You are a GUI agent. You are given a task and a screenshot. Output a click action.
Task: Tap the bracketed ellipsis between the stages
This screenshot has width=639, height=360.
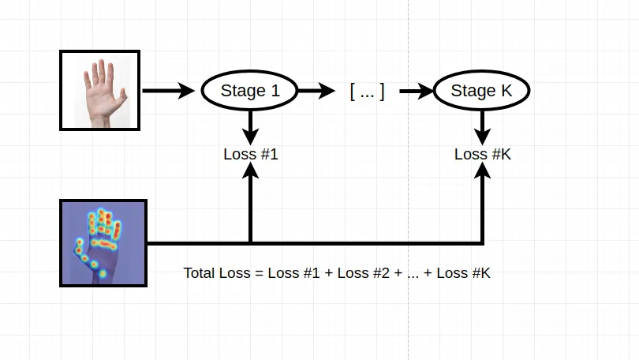point(367,92)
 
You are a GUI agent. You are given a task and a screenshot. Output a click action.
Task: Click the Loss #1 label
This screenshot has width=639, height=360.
point(251,154)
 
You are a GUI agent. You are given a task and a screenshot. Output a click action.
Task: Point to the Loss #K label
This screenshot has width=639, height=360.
point(483,154)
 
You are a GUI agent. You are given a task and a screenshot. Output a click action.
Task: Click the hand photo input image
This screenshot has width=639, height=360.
point(100,91)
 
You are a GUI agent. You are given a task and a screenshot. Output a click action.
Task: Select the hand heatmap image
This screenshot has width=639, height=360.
point(103,243)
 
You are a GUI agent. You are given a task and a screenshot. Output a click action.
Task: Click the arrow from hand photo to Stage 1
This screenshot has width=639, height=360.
point(168,91)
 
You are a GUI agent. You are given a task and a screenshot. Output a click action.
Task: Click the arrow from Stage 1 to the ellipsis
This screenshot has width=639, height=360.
point(316,91)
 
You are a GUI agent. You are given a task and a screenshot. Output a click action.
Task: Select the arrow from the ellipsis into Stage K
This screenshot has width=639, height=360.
point(417,91)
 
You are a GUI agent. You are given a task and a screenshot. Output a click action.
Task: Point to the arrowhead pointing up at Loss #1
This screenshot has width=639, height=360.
point(250,171)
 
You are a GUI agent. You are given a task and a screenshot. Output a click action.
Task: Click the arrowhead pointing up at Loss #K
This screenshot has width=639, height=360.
point(483,171)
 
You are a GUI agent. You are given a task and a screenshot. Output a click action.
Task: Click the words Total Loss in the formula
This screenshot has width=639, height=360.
point(217,272)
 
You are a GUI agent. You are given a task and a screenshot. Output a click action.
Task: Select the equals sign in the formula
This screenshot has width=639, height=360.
point(260,273)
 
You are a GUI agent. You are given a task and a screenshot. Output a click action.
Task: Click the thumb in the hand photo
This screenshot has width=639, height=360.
point(122,98)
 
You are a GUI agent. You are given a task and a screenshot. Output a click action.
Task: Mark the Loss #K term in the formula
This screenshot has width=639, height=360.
point(463,272)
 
